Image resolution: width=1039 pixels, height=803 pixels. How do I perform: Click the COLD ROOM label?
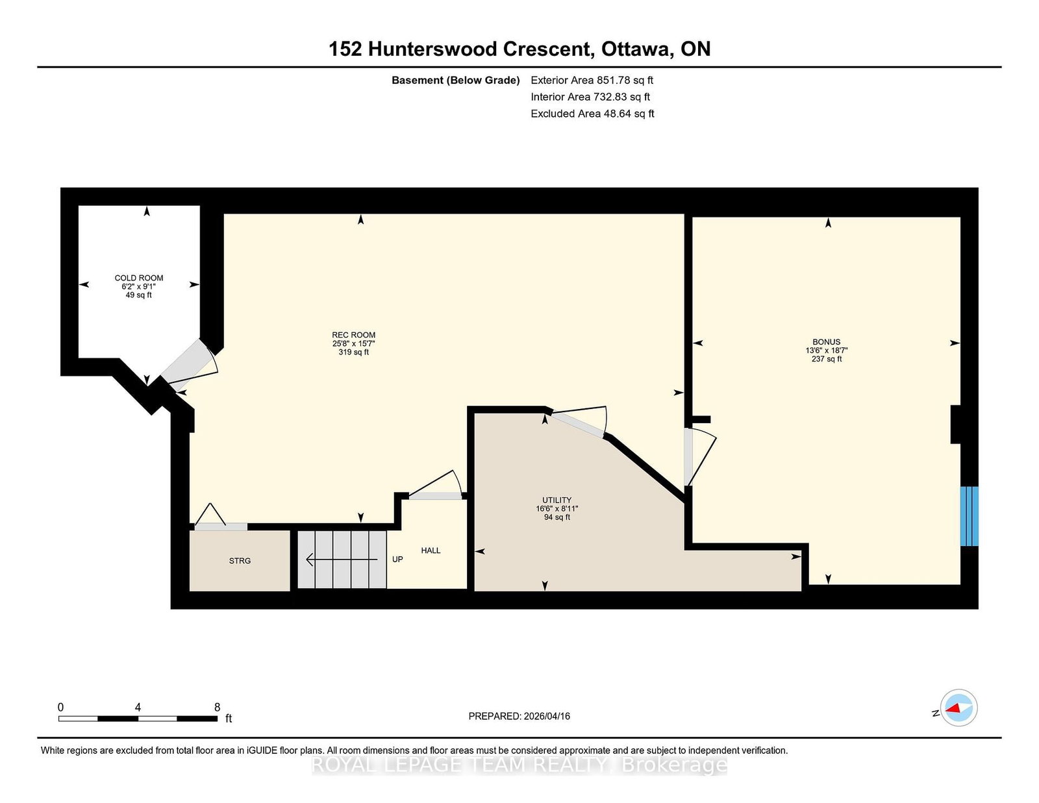(x=139, y=278)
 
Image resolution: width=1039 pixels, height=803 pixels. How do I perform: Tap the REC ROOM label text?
(x=354, y=335)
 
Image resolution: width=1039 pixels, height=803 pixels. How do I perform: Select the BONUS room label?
(x=826, y=341)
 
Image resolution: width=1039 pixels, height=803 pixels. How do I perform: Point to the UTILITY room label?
(x=557, y=500)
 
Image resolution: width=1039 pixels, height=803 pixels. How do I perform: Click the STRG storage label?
(x=240, y=561)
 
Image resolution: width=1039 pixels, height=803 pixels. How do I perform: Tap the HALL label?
(x=431, y=550)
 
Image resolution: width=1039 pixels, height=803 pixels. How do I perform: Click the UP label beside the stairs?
(x=397, y=559)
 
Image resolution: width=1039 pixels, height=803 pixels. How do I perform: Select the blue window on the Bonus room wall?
(x=969, y=516)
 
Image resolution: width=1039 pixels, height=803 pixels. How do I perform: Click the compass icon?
(x=958, y=708)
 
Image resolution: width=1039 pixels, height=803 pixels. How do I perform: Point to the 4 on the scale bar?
(x=138, y=708)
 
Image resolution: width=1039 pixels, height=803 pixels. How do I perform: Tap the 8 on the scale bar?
(x=217, y=708)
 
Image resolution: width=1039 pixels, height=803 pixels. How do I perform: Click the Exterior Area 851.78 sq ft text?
(x=592, y=80)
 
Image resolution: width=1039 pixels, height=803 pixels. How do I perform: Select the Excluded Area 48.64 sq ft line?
(x=592, y=114)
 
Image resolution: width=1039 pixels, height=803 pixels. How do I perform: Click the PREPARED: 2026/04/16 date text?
(x=519, y=716)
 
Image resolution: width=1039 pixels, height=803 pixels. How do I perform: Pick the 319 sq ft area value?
(x=354, y=352)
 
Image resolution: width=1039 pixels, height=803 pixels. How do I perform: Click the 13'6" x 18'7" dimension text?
(x=826, y=351)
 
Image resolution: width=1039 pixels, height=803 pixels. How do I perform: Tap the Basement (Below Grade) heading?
(x=456, y=80)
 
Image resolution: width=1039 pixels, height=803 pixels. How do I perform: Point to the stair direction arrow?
(x=342, y=559)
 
